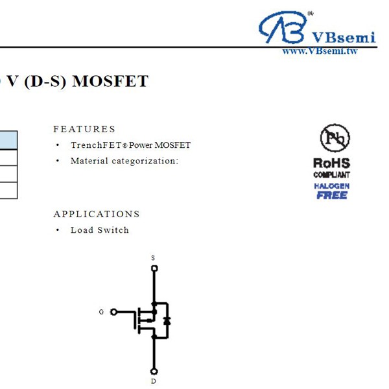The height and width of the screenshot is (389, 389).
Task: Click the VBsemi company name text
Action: [343, 37]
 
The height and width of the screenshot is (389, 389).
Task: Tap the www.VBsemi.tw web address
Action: [320, 51]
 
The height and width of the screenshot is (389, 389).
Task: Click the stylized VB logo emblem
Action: [283, 28]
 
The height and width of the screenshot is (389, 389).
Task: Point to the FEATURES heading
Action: [84, 129]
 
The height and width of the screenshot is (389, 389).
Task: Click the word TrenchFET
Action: [95, 145]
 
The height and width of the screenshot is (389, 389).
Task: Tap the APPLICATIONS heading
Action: [97, 214]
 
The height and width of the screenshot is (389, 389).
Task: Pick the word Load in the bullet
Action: [81, 230]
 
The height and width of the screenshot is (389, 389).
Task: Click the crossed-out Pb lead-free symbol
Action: [335, 138]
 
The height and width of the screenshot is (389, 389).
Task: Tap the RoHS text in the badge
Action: [331, 163]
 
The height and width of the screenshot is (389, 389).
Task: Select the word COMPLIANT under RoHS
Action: [331, 175]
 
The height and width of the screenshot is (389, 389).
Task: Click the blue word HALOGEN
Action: [331, 186]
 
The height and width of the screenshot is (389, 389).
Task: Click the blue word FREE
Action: [331, 195]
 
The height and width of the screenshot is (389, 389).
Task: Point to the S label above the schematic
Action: [154, 258]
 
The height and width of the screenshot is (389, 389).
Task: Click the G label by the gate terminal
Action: [101, 312]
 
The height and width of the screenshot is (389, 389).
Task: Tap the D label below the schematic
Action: [154, 381]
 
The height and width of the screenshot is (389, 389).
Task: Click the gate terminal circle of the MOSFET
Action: [114, 312]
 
